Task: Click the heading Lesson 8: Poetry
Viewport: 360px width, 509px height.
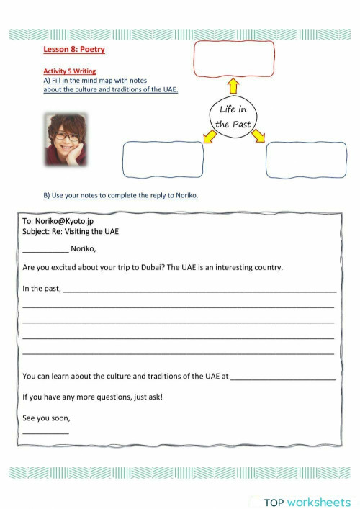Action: coord(75,49)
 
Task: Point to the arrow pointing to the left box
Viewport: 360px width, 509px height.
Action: coord(210,136)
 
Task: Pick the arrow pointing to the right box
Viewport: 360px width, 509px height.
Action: coord(257,135)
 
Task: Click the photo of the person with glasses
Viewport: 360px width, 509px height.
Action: coord(67,140)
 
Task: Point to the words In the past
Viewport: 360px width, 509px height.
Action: coord(42,289)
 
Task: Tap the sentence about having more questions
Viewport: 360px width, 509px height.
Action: coord(92,396)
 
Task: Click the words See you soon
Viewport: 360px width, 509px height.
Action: coord(46,418)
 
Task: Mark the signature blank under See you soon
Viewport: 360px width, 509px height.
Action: coord(45,432)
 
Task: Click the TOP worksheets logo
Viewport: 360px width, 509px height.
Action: coord(306,502)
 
